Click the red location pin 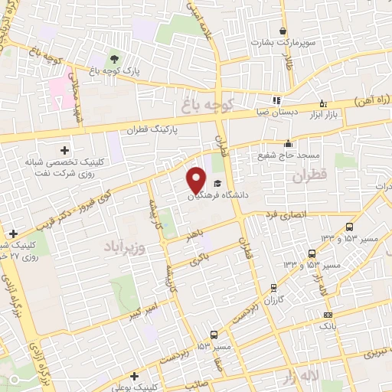click(196, 179)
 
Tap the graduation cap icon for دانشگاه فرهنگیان click(217, 184)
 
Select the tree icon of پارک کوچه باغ click(114, 58)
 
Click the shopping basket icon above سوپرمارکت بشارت click(283, 31)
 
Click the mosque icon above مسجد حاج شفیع click(288, 143)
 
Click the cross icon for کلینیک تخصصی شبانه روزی click(64, 150)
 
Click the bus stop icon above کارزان click(273, 288)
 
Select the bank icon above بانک click(328, 315)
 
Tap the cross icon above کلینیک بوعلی click(135, 375)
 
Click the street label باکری click(201, 259)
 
